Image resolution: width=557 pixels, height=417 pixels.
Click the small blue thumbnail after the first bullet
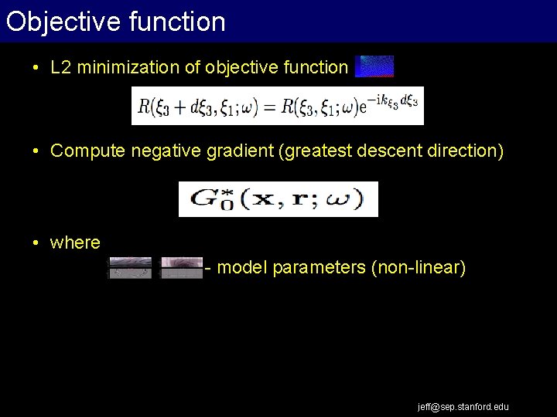374,66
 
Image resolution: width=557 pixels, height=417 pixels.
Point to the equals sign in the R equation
270,107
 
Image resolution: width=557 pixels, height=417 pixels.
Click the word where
75,242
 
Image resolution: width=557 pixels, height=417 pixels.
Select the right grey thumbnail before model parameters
181,267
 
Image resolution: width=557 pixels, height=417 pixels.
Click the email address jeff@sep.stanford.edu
463,406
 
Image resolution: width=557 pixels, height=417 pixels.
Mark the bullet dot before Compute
36,151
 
